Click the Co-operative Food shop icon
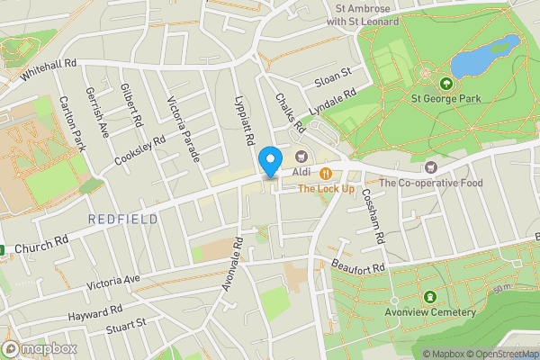[430, 166]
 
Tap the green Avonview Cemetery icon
[429, 296]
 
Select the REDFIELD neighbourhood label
[123, 219]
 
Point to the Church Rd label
[42, 244]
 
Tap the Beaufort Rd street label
[358, 267]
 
